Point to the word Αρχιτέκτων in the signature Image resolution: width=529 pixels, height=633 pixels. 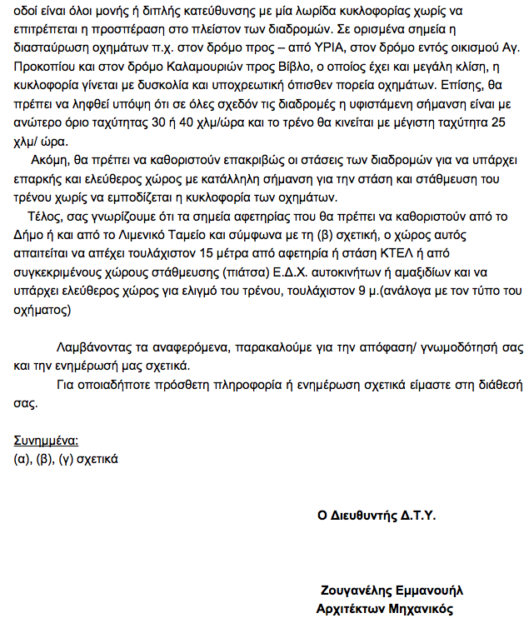tap(352, 608)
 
